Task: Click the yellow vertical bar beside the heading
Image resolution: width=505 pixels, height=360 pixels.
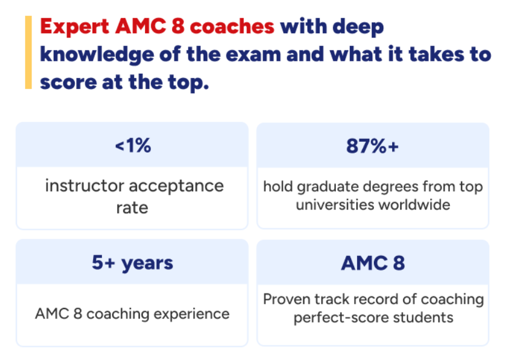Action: click(28, 52)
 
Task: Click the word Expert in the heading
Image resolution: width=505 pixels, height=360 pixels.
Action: click(74, 27)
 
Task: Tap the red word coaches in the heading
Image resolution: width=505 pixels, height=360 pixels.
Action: click(232, 26)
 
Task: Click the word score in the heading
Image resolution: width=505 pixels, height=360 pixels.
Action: click(68, 83)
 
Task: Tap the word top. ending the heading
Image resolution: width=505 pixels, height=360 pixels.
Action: click(188, 83)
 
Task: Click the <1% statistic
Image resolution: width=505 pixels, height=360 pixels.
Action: click(133, 145)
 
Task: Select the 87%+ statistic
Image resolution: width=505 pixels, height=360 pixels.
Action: click(372, 146)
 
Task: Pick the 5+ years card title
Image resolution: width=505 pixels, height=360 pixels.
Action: click(132, 263)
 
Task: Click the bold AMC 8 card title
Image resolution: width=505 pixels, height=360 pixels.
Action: click(373, 263)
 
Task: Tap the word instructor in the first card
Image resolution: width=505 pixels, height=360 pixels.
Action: click(85, 186)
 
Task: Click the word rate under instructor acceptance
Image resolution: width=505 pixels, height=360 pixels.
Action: click(132, 208)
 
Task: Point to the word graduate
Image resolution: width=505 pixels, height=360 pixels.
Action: click(325, 187)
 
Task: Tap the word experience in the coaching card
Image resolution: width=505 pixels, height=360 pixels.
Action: click(191, 314)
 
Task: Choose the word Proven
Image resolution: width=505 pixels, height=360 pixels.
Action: click(287, 299)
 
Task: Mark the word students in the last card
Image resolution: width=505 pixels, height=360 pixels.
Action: click(423, 318)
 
